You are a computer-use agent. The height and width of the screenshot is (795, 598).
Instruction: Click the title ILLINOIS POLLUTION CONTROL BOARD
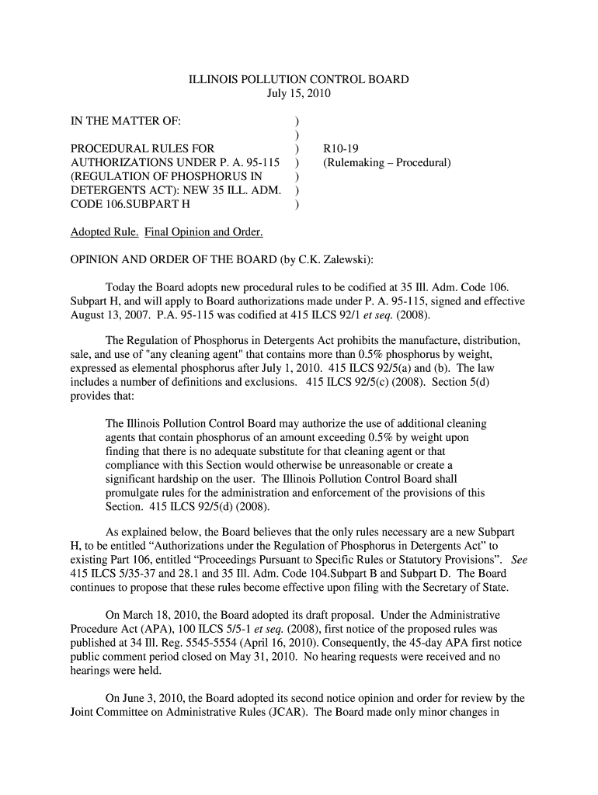(299, 80)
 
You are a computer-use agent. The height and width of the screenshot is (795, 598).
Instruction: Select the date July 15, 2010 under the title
(299, 94)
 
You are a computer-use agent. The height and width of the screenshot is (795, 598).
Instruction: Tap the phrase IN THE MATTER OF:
(126, 122)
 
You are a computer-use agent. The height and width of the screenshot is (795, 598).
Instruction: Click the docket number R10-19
(341, 150)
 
